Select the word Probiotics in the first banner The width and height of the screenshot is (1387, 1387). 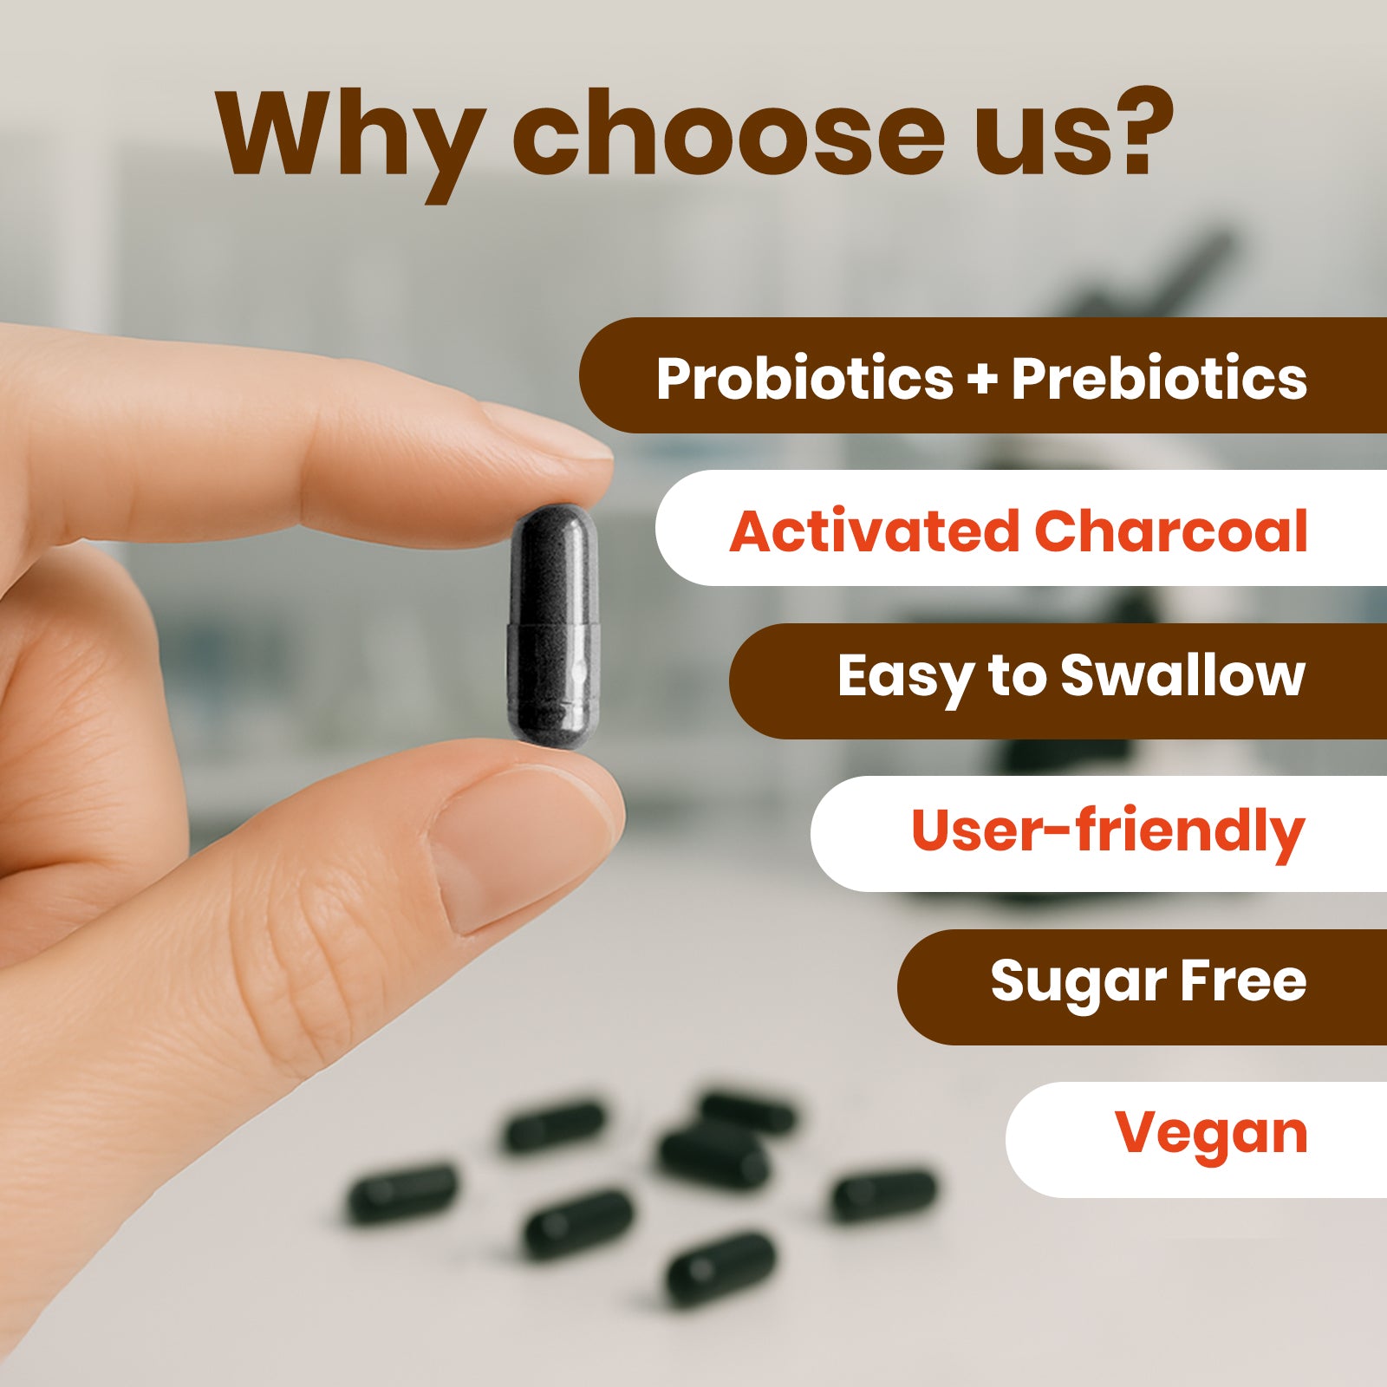804,379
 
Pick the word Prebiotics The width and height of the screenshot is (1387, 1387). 1159,379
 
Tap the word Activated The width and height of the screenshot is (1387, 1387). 875,531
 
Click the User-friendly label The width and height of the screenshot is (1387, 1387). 1108,830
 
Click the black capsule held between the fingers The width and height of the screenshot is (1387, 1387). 553,626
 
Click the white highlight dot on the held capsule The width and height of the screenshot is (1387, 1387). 580,670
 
